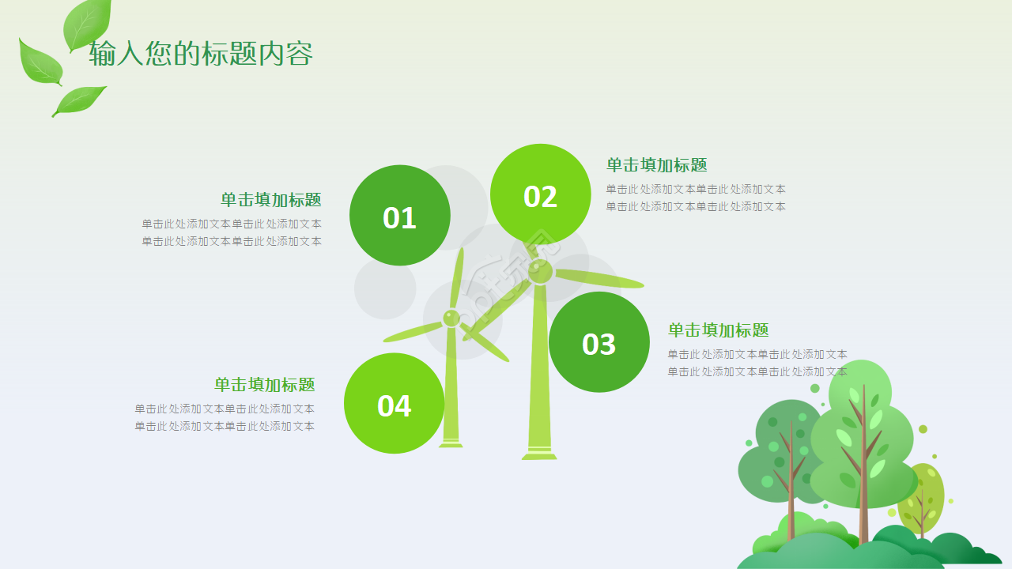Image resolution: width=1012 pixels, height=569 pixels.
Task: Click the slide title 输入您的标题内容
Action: tap(201, 54)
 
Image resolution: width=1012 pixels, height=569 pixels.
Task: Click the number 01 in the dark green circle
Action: tap(399, 217)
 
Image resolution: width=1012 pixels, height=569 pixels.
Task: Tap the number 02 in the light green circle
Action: tap(540, 196)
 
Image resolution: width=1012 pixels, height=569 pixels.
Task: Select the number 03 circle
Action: tap(599, 343)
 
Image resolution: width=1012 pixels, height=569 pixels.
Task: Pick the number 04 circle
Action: tap(394, 405)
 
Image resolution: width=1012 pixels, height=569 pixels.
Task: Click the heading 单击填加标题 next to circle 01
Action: tap(270, 200)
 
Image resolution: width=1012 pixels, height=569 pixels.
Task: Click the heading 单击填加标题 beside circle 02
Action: tap(656, 165)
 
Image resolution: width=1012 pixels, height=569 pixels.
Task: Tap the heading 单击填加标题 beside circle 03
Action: tap(718, 330)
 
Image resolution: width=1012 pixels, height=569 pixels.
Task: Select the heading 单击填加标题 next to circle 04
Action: tap(264, 385)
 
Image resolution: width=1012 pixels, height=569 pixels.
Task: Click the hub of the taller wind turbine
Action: tap(540, 272)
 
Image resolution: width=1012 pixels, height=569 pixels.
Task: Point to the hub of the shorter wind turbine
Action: tap(451, 318)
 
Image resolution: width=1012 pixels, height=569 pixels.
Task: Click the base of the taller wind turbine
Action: tap(539, 454)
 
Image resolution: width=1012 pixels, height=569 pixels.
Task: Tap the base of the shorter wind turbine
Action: tap(451, 443)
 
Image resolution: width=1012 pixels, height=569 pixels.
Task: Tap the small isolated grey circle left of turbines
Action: tap(385, 289)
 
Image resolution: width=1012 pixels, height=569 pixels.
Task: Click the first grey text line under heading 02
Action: tap(696, 190)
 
